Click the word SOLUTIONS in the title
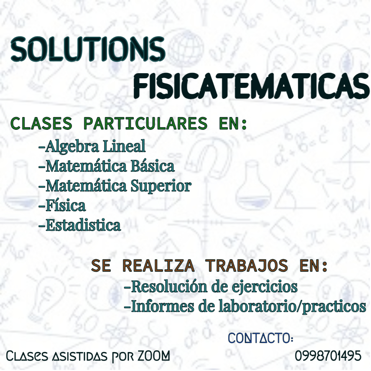click(88, 49)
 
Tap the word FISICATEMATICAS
click(251, 86)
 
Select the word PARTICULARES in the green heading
click(146, 123)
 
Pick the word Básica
click(153, 166)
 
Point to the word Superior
click(161, 187)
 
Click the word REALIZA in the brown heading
click(158, 266)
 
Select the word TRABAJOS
click(247, 266)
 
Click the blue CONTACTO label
click(261, 338)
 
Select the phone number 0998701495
click(328, 356)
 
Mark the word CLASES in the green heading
click(42, 123)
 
